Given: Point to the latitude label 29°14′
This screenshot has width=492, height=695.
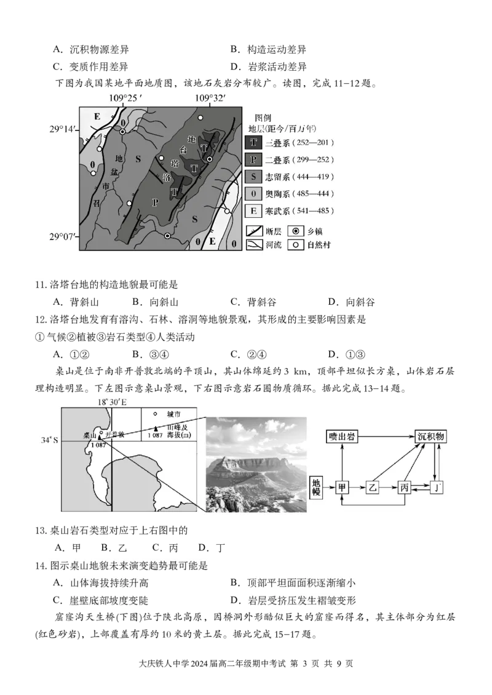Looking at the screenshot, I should point(64,129).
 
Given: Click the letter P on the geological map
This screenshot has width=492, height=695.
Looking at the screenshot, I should point(155,203).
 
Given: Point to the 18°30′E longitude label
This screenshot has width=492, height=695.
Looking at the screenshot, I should point(112,402).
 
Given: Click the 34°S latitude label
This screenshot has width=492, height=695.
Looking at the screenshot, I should point(50,440).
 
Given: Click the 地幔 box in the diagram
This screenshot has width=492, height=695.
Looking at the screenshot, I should point(317,487).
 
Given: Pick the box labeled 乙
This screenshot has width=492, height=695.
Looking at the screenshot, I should point(373,487).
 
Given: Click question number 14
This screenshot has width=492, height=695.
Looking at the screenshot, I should point(39,564).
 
